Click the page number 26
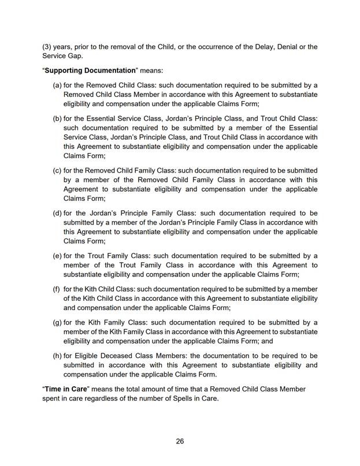click(180, 442)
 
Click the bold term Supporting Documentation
click(89, 70)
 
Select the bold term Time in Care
click(65, 389)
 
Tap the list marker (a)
click(57, 85)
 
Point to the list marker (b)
click(57, 118)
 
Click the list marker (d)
click(57, 213)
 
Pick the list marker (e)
click(57, 256)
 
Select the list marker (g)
click(57, 322)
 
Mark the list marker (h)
click(57, 355)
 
